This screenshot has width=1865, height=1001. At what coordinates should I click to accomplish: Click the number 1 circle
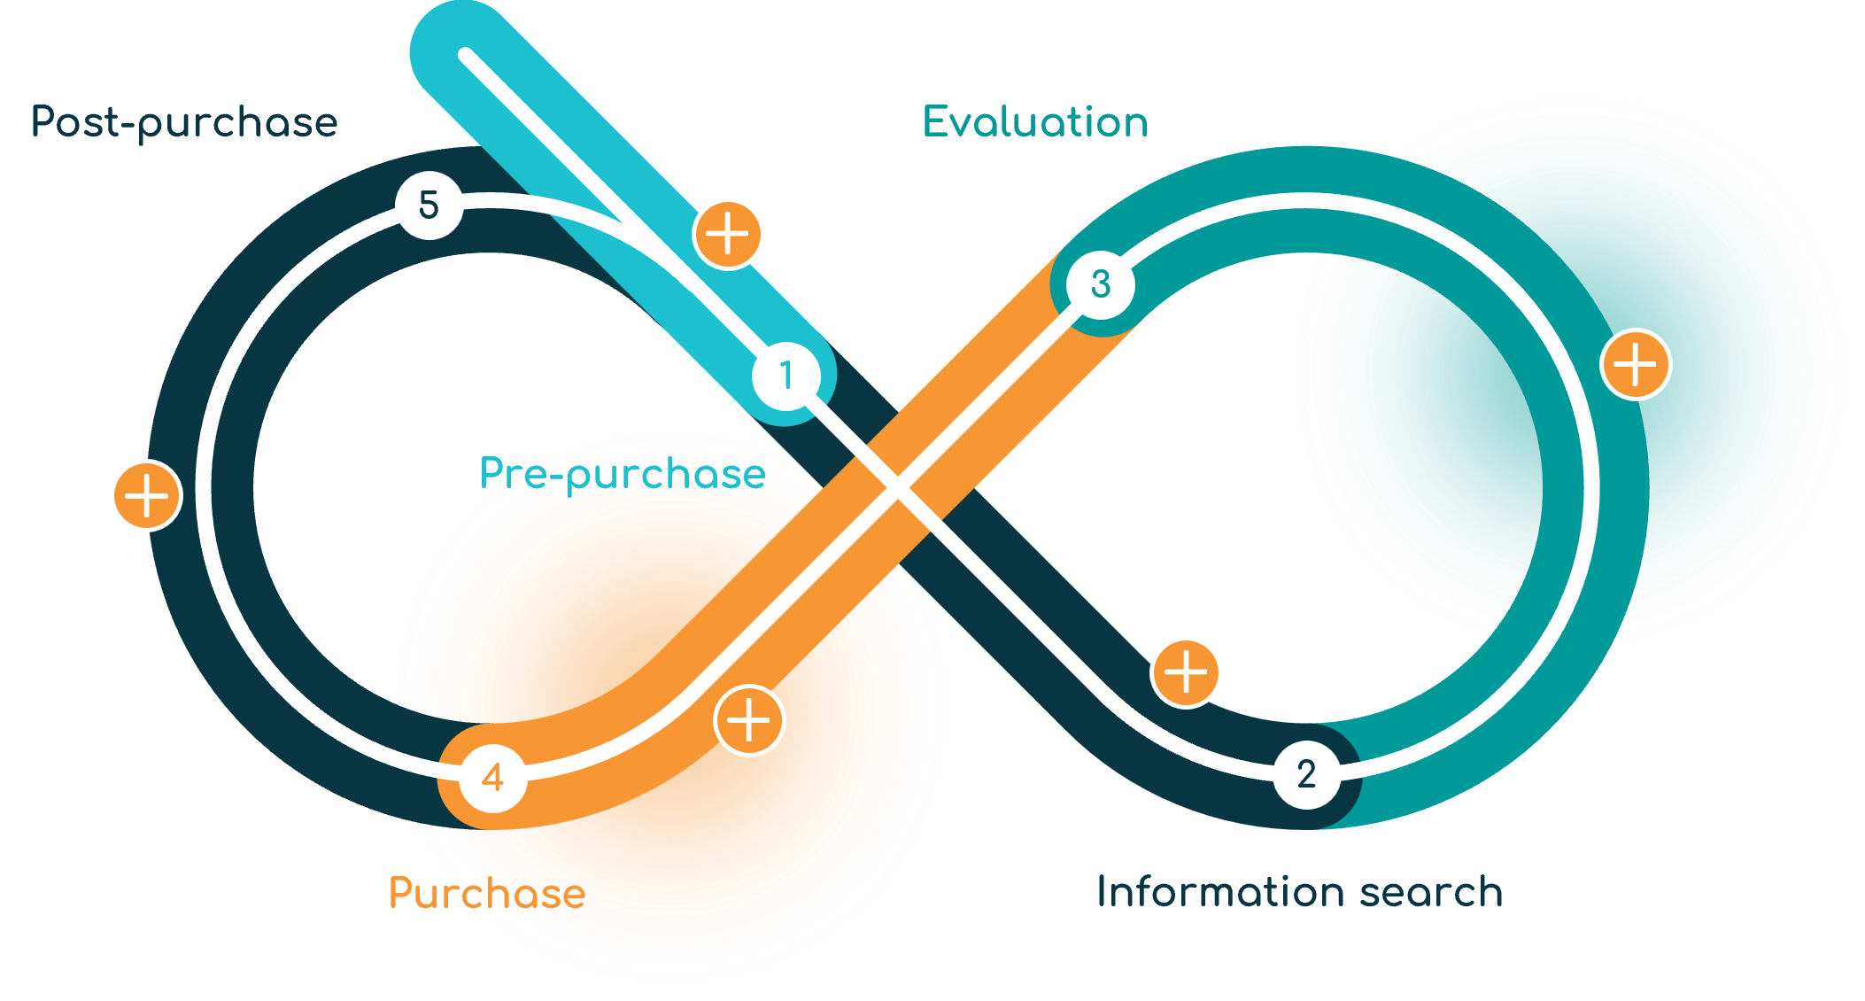pos(785,376)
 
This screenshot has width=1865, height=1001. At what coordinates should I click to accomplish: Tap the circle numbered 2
pos(1306,774)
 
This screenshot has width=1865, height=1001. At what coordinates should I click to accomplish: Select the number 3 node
pos(1101,284)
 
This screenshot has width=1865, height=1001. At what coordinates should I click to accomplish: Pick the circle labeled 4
pos(493,778)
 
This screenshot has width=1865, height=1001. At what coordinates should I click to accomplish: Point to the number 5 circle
pos(429,205)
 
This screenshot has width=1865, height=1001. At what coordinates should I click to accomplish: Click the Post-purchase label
pos(184,122)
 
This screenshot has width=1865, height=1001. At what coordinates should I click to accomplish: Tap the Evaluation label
pos(1035,121)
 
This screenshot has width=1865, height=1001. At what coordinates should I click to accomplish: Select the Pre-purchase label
pos(623,474)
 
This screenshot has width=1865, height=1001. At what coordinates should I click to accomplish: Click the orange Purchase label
pos(487,893)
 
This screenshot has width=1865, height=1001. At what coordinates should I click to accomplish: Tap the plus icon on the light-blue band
pos(728,235)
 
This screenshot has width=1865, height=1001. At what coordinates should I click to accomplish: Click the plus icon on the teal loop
pos(1636,365)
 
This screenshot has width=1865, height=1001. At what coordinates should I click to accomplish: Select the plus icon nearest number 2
pos(1185,673)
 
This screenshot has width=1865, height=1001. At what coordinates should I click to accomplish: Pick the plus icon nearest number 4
pos(749,720)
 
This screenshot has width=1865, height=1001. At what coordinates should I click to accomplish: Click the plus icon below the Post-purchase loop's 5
pos(148,495)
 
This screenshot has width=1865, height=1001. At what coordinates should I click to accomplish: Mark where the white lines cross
pos(897,487)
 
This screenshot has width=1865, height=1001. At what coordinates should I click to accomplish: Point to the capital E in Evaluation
pos(936,121)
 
